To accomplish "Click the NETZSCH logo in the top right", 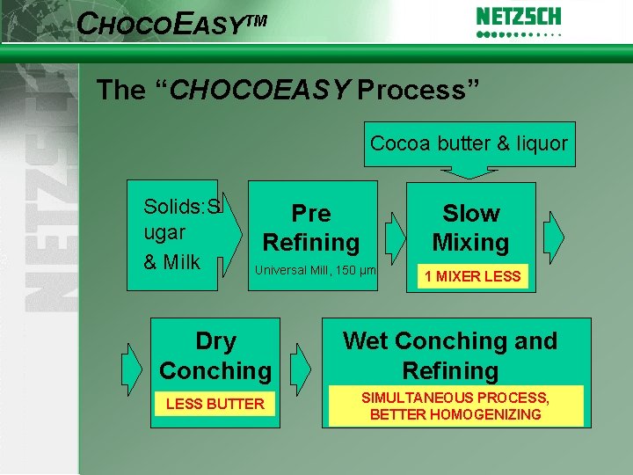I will coord(518,17).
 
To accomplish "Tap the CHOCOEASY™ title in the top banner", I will coord(171,23).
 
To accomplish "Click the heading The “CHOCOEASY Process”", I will coord(287,90).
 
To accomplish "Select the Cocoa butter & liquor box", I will coord(469,143).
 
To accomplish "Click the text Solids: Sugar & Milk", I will coord(181,234).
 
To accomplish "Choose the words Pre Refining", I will coord(311,228).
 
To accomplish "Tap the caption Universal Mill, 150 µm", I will coord(314,270).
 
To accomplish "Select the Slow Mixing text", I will coord(470,228).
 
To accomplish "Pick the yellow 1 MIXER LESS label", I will coord(472,276).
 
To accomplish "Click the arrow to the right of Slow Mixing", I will coord(554,234).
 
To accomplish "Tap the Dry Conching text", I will coord(215,356).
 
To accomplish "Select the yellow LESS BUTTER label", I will coord(215,404).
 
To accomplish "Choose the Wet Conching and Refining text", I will coord(450,355).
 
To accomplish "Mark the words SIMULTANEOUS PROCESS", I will coord(455,398).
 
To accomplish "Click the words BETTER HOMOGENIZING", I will coord(455,414).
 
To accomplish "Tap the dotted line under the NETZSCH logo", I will coord(518,36).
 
